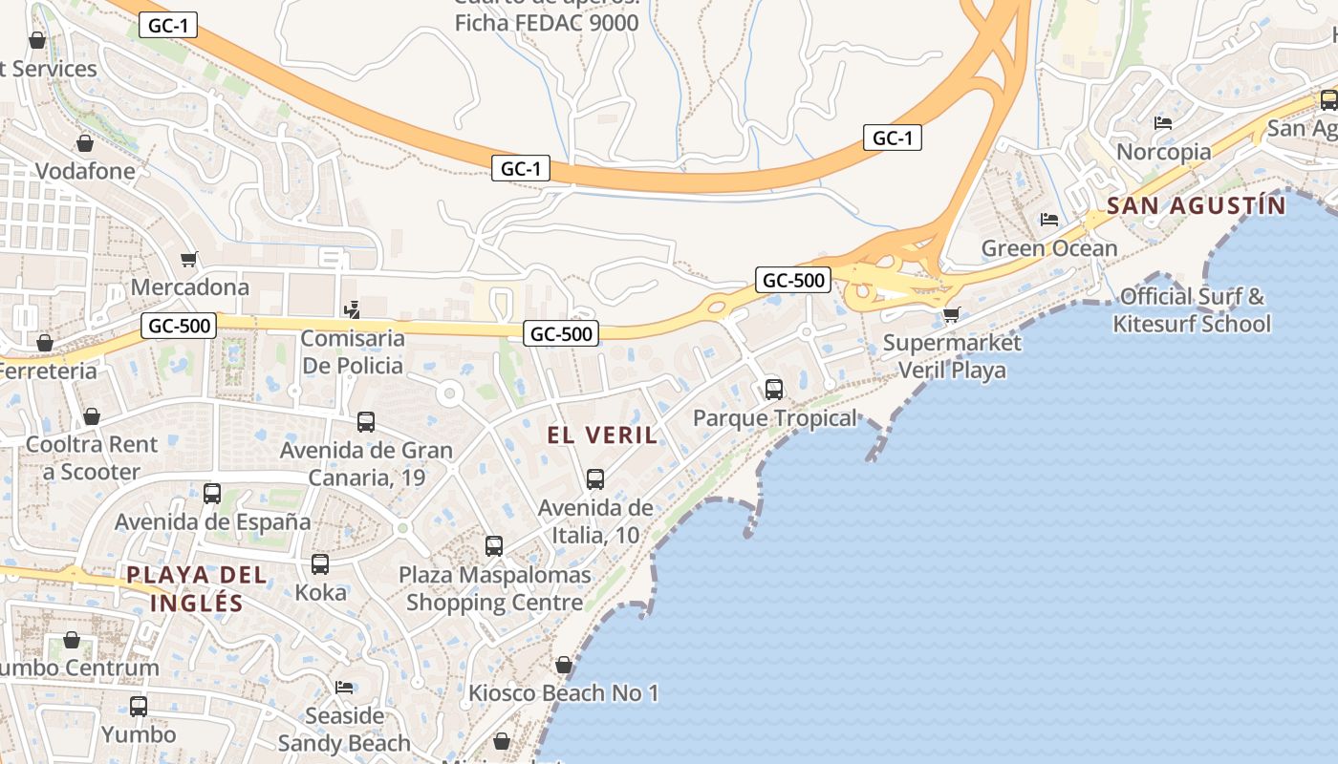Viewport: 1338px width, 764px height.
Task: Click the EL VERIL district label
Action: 602,435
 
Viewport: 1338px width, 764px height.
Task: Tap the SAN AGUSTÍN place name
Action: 1196,205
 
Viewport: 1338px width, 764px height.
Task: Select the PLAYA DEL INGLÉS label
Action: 197,588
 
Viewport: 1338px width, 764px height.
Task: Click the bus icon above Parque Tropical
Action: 774,390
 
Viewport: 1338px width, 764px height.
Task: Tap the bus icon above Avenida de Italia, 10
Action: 595,479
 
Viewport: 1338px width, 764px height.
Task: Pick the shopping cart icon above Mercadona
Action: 189,259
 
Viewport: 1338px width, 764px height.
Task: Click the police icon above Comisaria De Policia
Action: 353,309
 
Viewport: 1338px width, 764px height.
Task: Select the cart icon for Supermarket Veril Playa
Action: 951,314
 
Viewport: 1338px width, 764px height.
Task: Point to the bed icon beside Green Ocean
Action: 1049,220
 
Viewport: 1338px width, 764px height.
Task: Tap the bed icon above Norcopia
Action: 1163,123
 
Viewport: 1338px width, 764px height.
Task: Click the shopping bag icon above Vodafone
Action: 85,143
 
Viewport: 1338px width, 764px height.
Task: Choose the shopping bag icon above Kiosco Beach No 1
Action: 564,665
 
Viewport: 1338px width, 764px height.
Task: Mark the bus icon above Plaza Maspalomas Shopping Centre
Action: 494,546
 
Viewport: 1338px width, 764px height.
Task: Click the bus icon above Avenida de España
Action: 212,494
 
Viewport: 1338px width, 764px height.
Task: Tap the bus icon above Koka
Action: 320,564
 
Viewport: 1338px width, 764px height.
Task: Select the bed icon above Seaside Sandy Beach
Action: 344,688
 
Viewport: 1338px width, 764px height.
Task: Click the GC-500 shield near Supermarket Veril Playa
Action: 792,280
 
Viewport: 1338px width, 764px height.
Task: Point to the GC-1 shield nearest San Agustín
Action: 892,138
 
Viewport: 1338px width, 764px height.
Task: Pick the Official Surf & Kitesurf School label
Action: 1192,310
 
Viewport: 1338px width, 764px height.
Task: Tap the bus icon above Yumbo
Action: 139,707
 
